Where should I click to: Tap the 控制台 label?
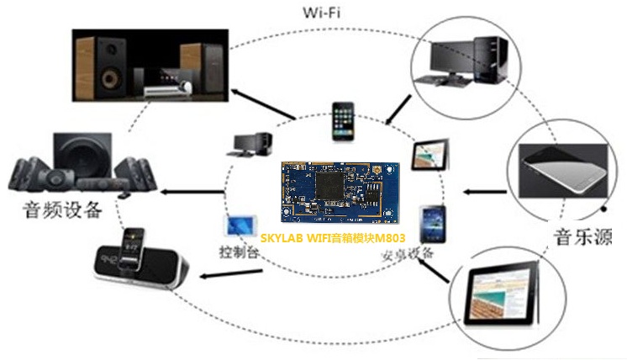pyautogui.click(x=236, y=251)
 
